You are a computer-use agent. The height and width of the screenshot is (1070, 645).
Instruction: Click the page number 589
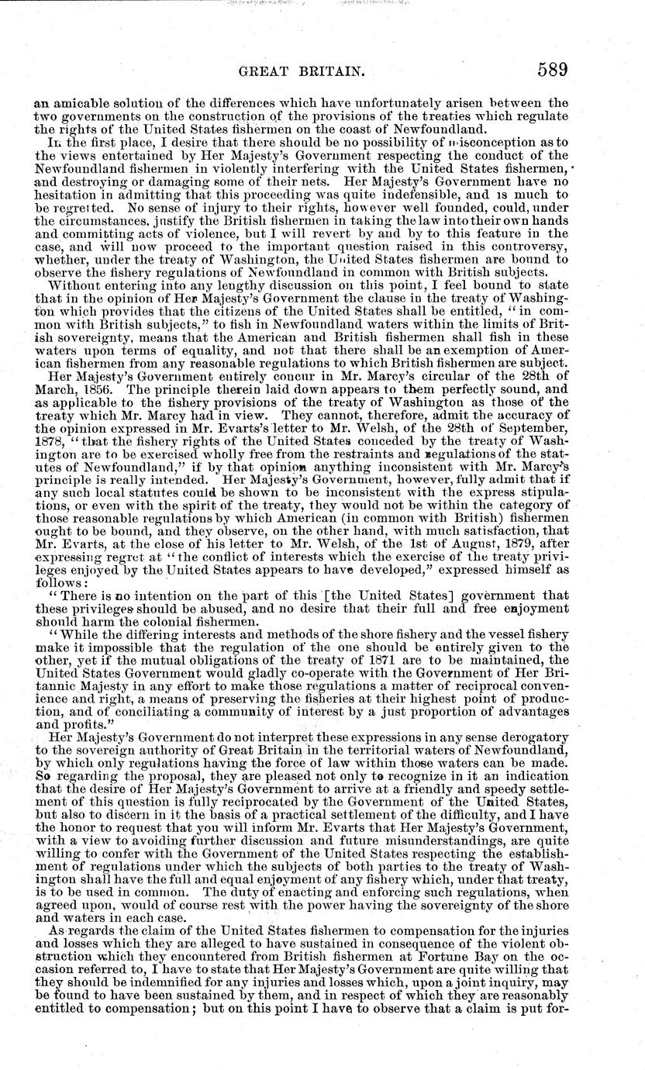552,70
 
